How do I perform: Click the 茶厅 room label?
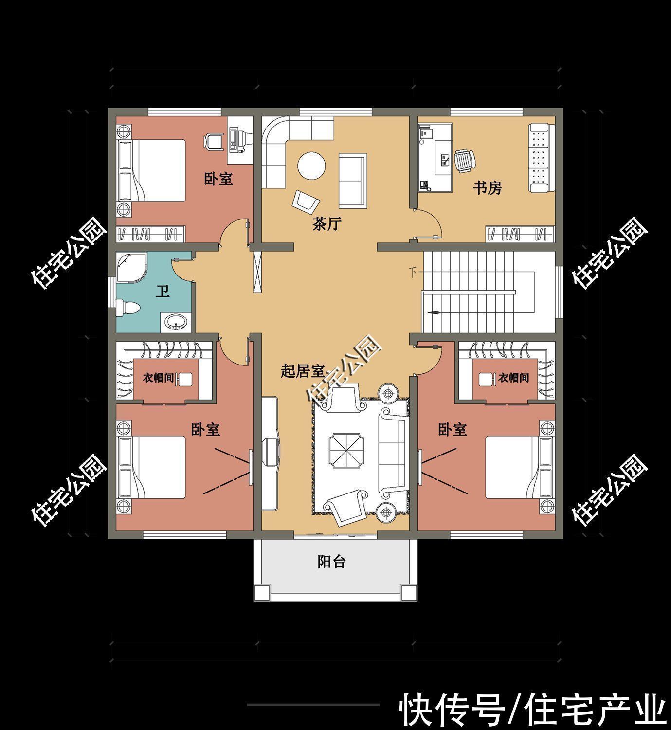click(327, 224)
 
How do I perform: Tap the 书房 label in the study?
click(487, 188)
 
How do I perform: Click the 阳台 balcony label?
click(332, 562)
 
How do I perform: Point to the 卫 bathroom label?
click(163, 292)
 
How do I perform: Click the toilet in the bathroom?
click(129, 308)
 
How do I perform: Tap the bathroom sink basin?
click(175, 322)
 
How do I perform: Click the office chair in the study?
click(465, 160)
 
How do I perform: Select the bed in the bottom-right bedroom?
click(513, 467)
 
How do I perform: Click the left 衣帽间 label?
click(158, 378)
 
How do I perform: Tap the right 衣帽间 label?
click(513, 378)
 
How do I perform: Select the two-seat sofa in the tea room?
click(352, 180)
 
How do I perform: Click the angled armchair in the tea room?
click(306, 202)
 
